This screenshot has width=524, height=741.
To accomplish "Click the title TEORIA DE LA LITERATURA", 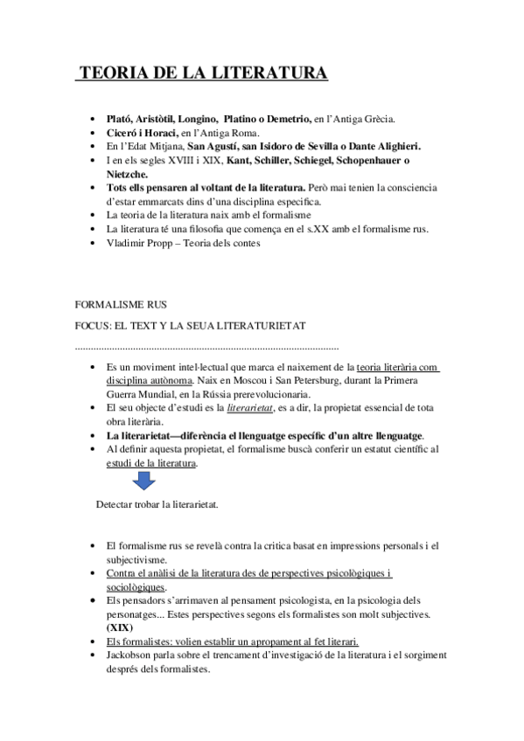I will click(203, 73).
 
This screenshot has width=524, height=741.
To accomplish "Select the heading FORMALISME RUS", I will click(122, 304).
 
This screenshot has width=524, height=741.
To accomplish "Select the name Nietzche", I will click(126, 173).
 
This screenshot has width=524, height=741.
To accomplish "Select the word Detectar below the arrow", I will click(117, 504).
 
